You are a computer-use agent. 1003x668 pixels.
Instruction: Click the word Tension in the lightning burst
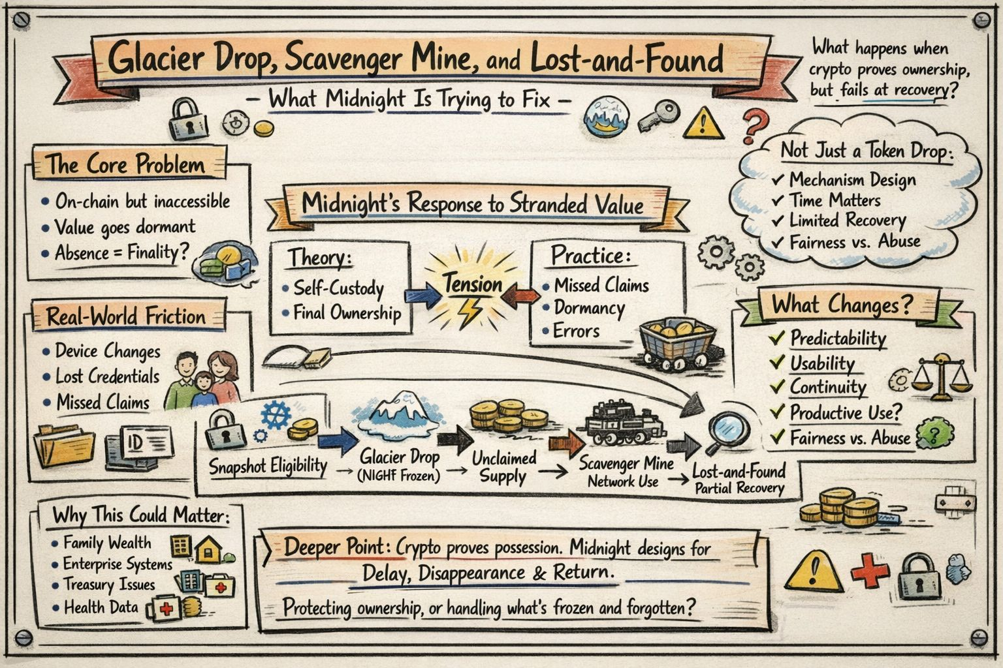point(473,284)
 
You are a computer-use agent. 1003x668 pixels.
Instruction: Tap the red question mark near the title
point(756,125)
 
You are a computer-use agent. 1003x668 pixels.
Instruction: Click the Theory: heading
point(319,258)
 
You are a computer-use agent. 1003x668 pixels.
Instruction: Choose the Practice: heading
point(591,256)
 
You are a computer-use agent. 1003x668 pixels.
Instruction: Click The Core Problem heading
point(125,164)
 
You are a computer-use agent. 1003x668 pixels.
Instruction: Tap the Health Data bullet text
point(101,607)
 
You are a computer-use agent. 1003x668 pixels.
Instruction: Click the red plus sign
point(869,571)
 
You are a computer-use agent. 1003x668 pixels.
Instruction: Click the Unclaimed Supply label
point(503,467)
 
